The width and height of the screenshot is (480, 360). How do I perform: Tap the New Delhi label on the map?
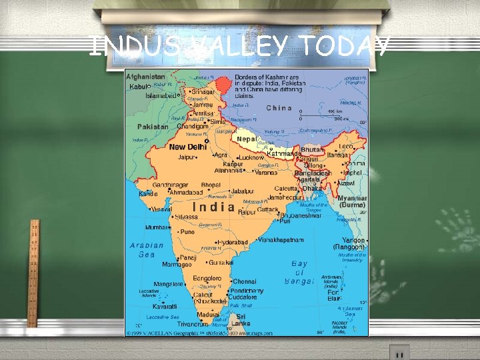click(188, 147)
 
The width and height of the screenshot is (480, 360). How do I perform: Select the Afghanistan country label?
click(146, 77)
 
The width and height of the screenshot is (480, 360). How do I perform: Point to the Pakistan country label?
click(153, 127)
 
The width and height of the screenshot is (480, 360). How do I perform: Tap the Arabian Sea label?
click(142, 249)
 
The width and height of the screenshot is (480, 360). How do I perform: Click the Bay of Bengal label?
click(300, 273)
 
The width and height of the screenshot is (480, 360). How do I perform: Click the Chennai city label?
click(245, 282)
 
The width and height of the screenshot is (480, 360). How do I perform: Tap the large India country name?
click(213, 207)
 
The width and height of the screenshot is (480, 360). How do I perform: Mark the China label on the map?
click(279, 108)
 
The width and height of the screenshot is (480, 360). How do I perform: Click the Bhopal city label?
click(211, 184)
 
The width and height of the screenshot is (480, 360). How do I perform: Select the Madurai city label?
click(207, 314)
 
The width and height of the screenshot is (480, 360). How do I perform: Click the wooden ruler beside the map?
click(33, 273)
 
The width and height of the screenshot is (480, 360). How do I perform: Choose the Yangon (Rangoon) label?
click(353, 243)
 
